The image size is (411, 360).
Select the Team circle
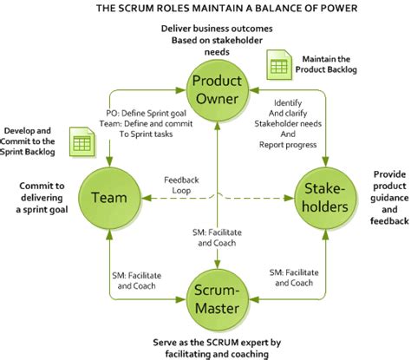[110, 197]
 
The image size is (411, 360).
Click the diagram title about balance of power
[205, 9]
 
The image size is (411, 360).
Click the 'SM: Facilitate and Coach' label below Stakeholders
[291, 278]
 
